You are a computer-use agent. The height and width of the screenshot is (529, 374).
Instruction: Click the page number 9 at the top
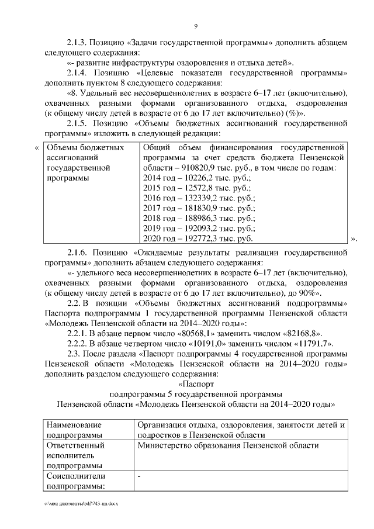pyautogui.click(x=196, y=26)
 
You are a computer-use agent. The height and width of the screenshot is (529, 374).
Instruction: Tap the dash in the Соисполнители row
pyautogui.click(x=138, y=476)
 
